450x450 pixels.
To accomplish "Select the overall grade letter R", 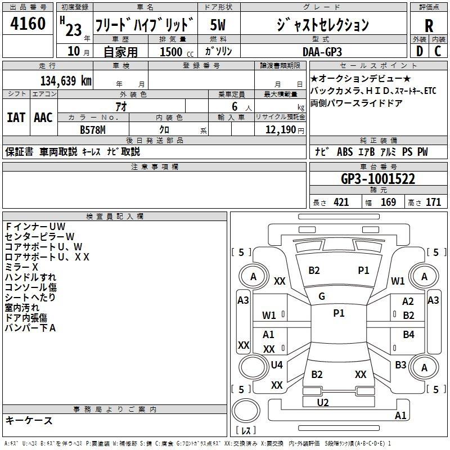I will click(429, 25).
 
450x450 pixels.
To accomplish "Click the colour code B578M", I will click(93, 129).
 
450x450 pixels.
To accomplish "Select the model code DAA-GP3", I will click(322, 51).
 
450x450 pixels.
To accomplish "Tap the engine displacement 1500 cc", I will click(172, 52).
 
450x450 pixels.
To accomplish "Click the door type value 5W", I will click(218, 25).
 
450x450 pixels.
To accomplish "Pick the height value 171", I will click(433, 202).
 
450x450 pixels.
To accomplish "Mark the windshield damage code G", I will click(322, 296).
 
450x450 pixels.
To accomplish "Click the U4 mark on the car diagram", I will click(277, 365).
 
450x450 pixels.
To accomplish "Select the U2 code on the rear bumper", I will click(323, 402).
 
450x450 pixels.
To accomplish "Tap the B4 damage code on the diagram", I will click(408, 335).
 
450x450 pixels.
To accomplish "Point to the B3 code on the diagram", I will click(400, 365).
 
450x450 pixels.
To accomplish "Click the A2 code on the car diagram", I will click(408, 302).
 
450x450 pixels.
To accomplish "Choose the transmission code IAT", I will click(16, 118).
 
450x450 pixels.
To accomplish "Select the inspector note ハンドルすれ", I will click(30, 277).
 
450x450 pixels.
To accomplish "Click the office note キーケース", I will click(29, 420).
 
